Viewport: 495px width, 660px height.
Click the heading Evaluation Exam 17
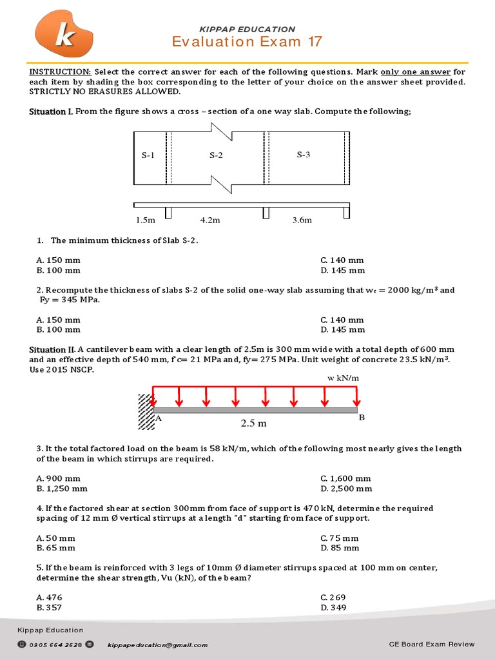coord(247,42)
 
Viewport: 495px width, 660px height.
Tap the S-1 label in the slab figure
coord(148,155)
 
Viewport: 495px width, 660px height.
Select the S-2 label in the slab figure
coord(216,155)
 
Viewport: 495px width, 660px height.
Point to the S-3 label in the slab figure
coord(304,155)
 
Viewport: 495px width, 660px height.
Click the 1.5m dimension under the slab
coord(146,220)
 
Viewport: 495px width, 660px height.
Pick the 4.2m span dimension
coord(210,220)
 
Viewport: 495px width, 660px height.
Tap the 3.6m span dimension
coord(302,220)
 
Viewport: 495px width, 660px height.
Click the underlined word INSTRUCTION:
coord(60,72)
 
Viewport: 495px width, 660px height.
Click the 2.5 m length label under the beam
coord(253,423)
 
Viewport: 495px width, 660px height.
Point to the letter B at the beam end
coord(362,418)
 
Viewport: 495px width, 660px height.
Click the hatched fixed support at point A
coord(145,411)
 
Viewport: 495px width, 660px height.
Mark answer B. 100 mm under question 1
coord(59,270)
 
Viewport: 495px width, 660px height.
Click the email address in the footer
coord(157,645)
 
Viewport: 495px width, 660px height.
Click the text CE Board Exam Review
coord(432,644)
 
